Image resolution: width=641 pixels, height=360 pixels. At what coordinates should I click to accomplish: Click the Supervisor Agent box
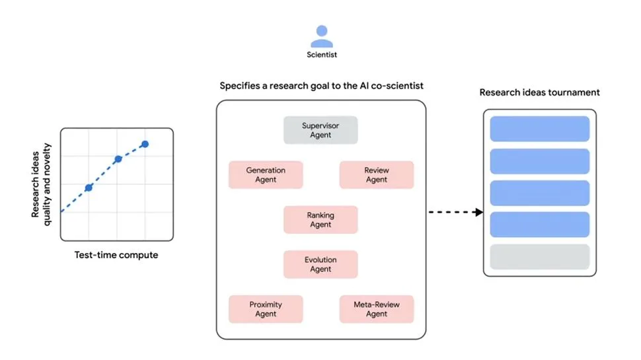(320, 130)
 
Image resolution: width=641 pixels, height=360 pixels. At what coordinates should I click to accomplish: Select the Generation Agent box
(266, 175)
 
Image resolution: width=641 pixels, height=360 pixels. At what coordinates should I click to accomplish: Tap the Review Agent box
(376, 175)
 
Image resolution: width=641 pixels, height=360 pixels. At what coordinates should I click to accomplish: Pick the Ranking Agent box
(320, 220)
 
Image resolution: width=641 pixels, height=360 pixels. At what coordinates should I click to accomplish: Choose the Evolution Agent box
(320, 264)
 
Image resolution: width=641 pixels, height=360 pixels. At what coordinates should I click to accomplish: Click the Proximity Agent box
(266, 309)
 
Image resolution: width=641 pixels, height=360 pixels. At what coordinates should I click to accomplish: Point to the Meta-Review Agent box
(376, 309)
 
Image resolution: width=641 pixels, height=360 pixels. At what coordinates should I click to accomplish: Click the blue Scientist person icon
(321, 36)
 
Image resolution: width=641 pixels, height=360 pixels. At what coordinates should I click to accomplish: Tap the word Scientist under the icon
(321, 55)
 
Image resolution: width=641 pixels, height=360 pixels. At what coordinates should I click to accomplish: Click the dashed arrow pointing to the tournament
(456, 212)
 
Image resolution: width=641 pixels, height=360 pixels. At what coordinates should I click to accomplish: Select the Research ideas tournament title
(539, 92)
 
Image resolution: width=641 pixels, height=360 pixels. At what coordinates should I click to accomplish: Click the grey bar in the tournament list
(539, 256)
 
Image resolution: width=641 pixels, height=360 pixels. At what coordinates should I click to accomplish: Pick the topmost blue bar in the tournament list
(539, 129)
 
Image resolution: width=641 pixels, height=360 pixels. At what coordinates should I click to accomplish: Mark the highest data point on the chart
(145, 144)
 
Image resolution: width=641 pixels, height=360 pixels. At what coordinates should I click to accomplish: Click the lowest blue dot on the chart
(89, 188)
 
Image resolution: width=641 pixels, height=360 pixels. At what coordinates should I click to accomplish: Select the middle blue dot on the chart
(118, 159)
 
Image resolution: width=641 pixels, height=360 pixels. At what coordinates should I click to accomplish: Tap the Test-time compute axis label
(116, 255)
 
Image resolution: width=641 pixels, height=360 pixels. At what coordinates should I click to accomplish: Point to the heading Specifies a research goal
(321, 86)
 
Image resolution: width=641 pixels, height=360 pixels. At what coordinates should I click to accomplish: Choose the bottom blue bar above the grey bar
(539, 225)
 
